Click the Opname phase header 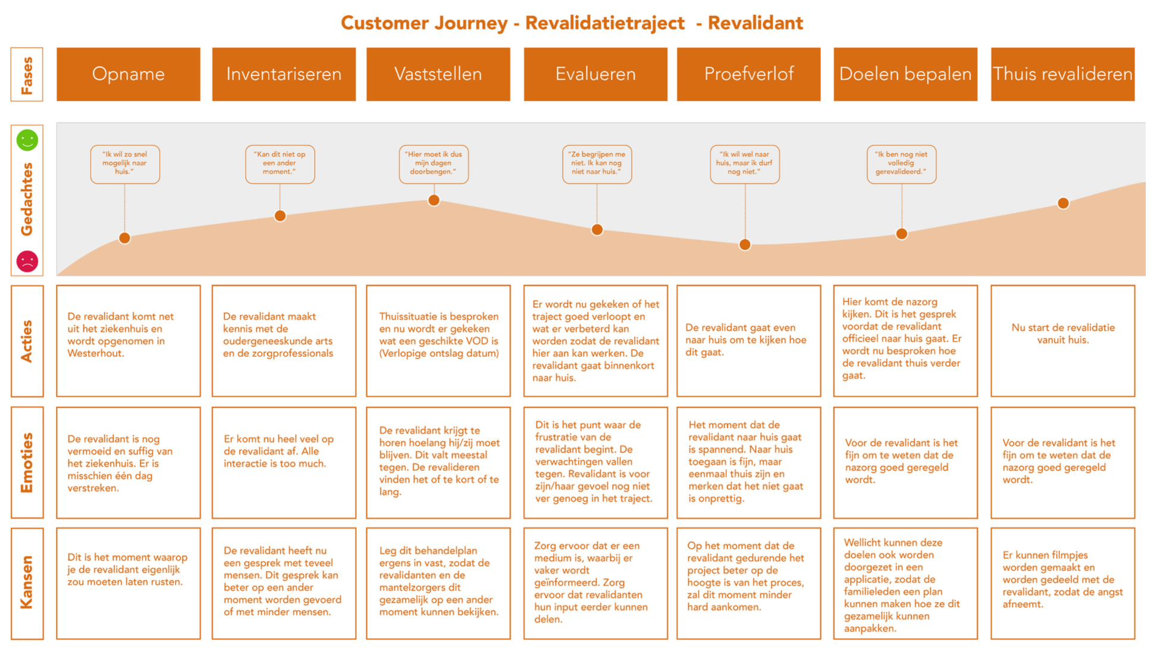coord(128,74)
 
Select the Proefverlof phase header coord(748,74)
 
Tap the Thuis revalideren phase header coord(1062,74)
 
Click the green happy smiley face coord(27,140)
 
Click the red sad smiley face coord(27,261)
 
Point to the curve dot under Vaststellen coord(434,200)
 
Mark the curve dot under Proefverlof coord(745,244)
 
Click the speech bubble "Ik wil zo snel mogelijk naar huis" coord(125,164)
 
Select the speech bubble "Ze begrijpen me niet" coord(597,164)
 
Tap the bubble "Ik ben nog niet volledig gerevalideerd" coord(901,164)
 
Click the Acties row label coord(27,341)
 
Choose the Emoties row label coord(27,463)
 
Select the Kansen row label coord(27,583)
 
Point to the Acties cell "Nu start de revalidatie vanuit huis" coord(1062,334)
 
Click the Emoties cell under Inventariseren coord(284,463)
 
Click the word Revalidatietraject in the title coord(604,23)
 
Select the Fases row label coord(27,75)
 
